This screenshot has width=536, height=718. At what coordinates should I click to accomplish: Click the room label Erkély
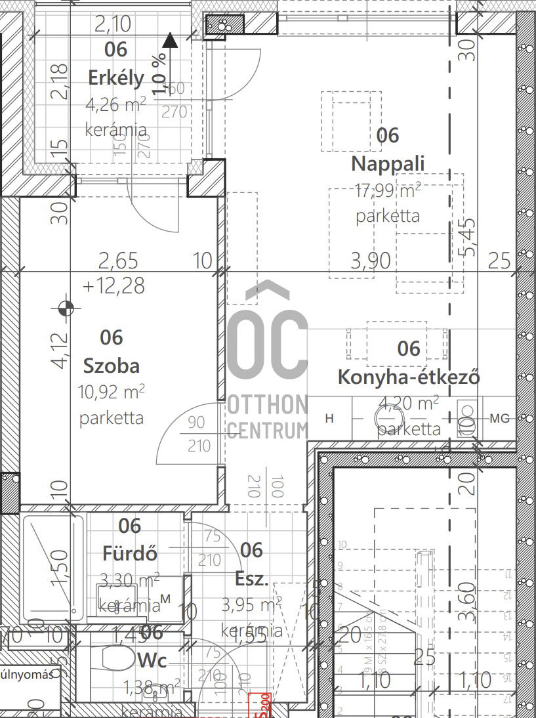tap(116, 78)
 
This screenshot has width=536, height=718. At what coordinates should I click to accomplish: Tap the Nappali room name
tap(388, 163)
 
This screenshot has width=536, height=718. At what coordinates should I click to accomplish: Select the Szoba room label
tap(112, 364)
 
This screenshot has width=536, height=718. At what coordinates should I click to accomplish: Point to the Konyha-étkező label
tap(408, 377)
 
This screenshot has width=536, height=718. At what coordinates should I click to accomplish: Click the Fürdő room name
tap(130, 553)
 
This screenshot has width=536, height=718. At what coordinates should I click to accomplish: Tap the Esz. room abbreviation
tap(251, 579)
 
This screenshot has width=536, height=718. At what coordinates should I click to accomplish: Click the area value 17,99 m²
tap(387, 191)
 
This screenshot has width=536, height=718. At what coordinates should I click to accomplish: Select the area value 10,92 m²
tap(112, 392)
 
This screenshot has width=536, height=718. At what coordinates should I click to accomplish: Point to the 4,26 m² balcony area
tap(116, 104)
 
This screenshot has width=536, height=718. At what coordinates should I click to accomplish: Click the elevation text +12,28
tap(113, 286)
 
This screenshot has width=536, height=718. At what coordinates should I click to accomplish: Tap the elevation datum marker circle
tap(65, 307)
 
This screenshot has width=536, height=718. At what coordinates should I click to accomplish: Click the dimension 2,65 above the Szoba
tap(118, 261)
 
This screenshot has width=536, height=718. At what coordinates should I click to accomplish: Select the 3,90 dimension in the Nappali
tap(371, 261)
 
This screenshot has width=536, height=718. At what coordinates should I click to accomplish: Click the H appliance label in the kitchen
tap(330, 418)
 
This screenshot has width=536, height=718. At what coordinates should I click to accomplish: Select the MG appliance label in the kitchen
tap(499, 418)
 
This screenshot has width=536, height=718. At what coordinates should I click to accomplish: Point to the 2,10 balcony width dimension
tap(113, 25)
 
